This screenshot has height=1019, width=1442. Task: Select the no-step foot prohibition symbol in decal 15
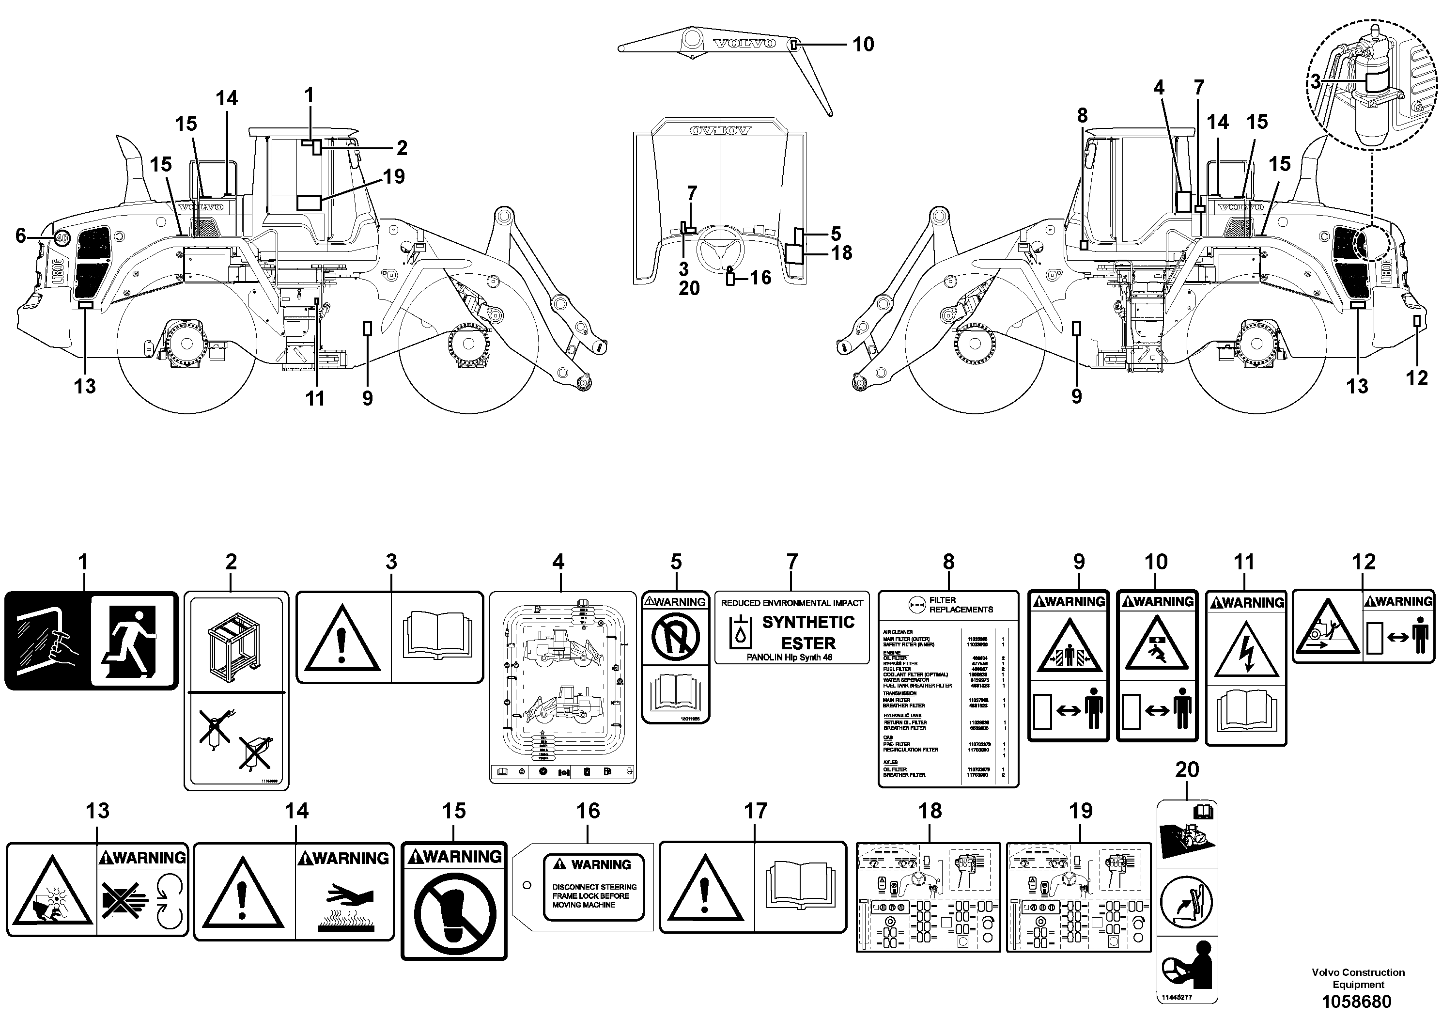(x=454, y=913)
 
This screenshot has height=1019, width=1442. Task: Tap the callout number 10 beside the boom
(x=863, y=45)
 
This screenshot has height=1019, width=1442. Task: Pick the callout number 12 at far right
(x=1416, y=378)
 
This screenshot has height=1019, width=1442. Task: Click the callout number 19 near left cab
(x=394, y=176)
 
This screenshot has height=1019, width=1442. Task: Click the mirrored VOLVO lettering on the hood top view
(x=720, y=131)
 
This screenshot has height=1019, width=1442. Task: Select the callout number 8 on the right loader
(x=1082, y=116)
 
